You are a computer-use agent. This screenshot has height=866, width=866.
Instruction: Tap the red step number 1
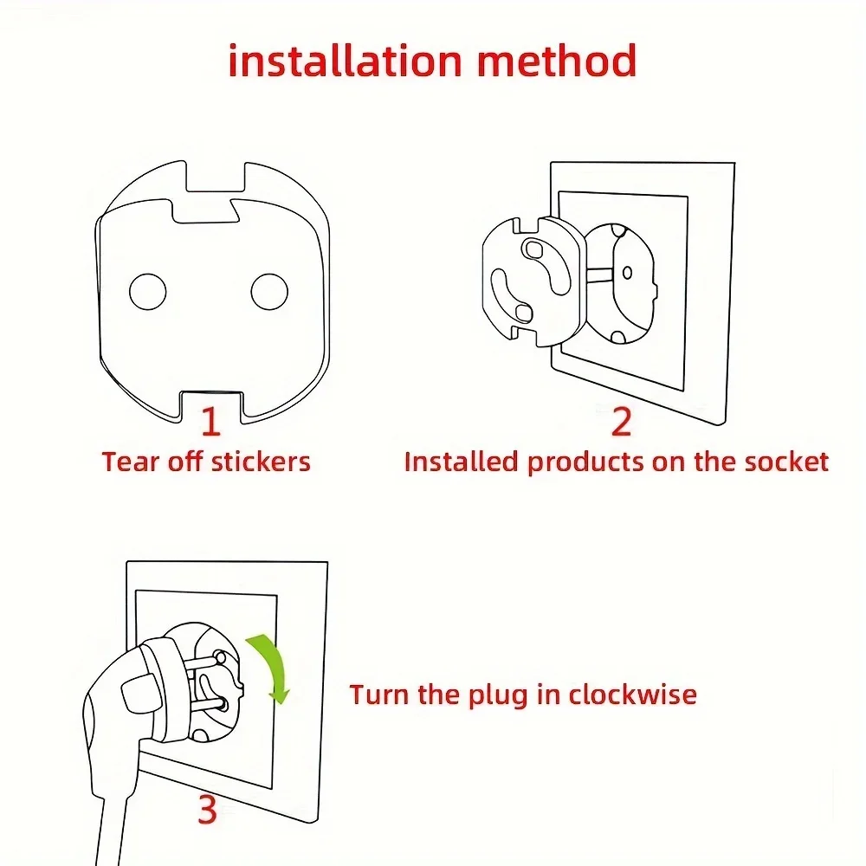[210, 422]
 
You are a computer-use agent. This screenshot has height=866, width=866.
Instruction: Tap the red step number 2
[621, 422]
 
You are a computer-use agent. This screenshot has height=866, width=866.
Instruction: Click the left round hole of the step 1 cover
[147, 292]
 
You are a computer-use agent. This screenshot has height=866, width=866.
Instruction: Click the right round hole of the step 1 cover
[269, 292]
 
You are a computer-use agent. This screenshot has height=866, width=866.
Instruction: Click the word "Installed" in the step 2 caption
[462, 461]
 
